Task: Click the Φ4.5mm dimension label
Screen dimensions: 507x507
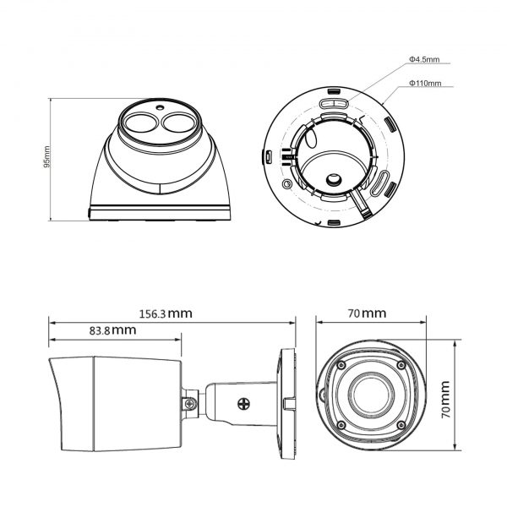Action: [x=423, y=59]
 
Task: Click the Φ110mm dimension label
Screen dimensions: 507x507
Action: [x=424, y=84]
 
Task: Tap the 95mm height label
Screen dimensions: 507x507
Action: [x=47, y=157]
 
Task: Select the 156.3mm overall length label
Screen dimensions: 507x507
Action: [x=166, y=313]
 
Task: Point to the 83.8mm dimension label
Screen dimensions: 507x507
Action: [x=112, y=330]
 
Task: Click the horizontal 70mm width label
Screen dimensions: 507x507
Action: [x=367, y=313]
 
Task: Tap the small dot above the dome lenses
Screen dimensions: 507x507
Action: [x=159, y=107]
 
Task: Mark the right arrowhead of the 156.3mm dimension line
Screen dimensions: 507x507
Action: [x=293, y=322]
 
